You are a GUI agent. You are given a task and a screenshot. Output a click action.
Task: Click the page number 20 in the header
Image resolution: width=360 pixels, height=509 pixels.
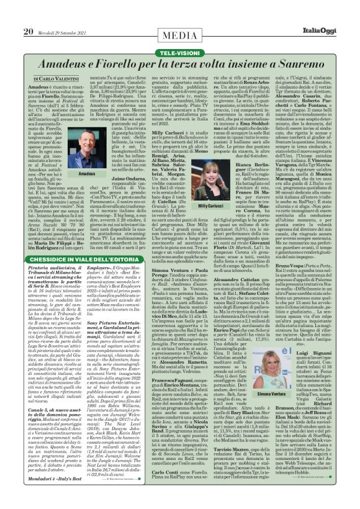[x=28, y=31]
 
